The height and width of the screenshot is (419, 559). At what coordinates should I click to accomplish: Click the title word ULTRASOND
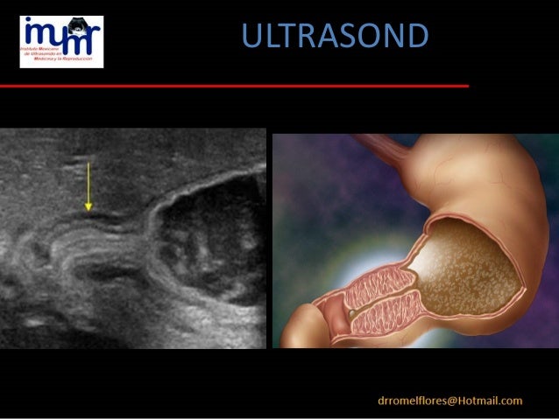334,36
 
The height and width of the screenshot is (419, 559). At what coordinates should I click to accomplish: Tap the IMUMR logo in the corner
61,41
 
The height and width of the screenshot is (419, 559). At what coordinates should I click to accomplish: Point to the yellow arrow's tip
88,209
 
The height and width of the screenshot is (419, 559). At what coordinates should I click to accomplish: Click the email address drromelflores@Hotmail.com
449,401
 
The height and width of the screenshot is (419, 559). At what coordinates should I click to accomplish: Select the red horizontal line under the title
234,86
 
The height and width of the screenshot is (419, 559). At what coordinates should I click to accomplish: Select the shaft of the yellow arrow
88,184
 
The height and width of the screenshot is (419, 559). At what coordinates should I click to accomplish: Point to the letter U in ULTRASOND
251,36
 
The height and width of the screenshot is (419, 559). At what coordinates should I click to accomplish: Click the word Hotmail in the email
488,401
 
